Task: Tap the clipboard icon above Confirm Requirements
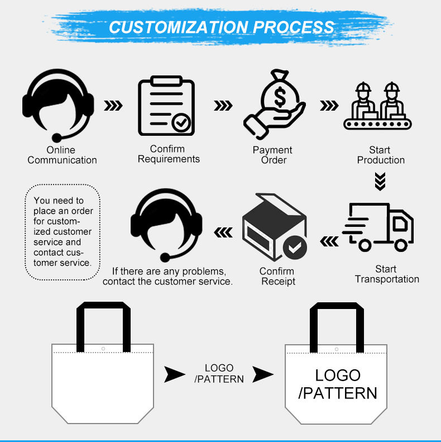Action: coord(166,107)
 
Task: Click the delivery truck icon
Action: coord(378,226)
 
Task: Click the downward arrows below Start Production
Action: coord(380,182)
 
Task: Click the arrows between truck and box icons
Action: coord(329,241)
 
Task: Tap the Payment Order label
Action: coord(272,155)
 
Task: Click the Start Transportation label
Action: coord(386,274)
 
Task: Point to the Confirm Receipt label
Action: coord(277,277)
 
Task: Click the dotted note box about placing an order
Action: coord(63,231)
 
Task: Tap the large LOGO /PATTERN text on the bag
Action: coord(338,384)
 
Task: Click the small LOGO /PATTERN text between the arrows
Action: coord(219,373)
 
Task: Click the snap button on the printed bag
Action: coord(337,349)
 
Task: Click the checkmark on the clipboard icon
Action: coord(181,122)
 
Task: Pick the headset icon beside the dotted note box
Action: coord(166,224)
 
